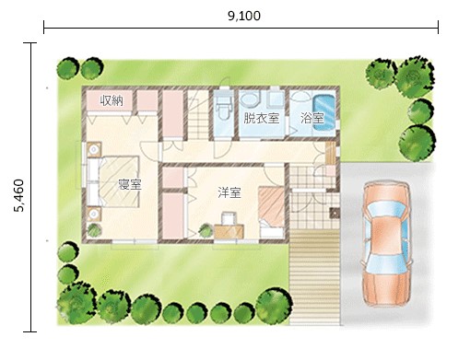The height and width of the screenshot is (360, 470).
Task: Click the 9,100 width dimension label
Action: coord(244,16)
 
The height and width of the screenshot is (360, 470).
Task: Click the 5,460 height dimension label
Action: coord(18,195)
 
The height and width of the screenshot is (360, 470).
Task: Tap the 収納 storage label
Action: coord(112,100)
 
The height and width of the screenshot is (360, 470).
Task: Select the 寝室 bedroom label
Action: coord(130,184)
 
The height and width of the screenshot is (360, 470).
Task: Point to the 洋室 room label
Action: coord(229,192)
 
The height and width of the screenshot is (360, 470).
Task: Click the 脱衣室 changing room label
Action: coord(262,118)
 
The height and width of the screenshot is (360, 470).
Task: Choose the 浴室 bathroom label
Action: coord(312,118)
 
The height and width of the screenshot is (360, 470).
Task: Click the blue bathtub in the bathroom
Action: coord(323,115)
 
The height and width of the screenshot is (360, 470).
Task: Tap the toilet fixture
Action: coord(222,108)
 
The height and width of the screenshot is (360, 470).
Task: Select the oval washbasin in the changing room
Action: coord(250,100)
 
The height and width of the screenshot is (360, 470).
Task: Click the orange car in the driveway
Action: coord(386,243)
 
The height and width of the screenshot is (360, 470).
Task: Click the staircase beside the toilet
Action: coord(198,114)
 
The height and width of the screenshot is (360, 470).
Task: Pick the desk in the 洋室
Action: coord(229,231)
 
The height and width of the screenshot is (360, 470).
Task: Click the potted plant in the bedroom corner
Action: coord(94,230)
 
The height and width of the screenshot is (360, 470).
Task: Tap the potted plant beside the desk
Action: coord(206,230)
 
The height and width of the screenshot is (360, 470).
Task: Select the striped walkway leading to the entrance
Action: coord(314,277)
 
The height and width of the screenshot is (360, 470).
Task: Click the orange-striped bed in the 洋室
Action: coord(271,211)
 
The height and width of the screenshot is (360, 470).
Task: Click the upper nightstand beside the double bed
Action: coord(94,149)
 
